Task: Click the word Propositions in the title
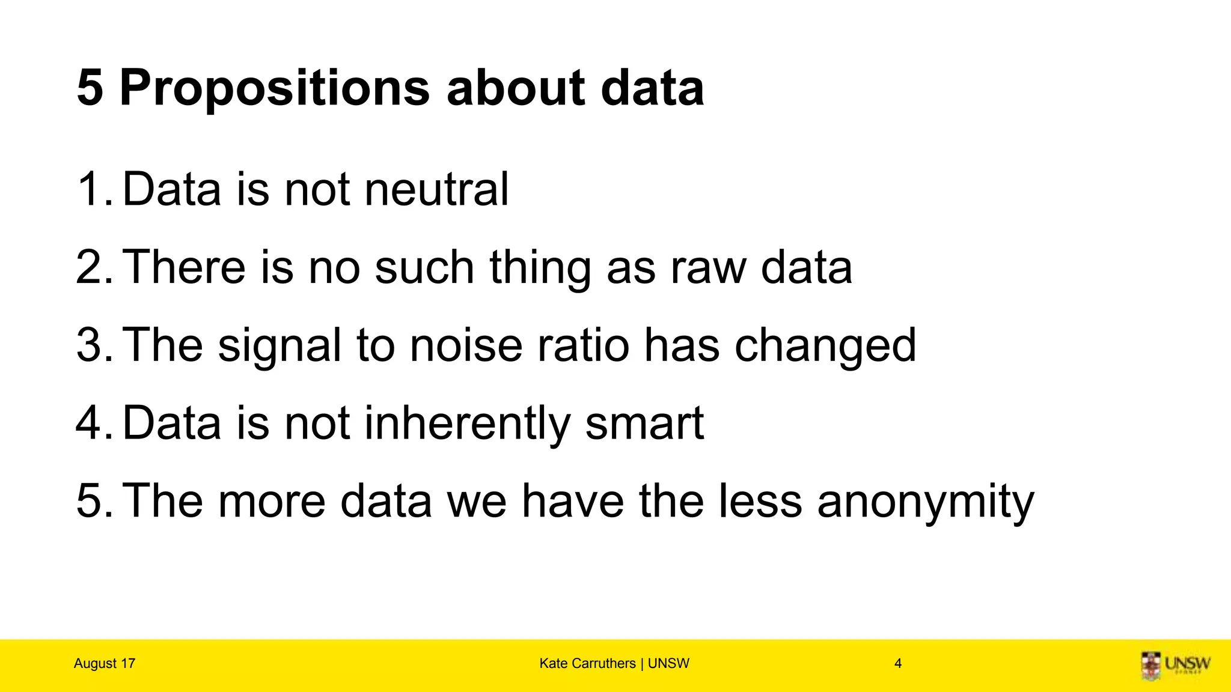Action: click(275, 88)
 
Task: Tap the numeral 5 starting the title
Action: click(90, 88)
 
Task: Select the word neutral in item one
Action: click(436, 189)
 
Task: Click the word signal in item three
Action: click(279, 347)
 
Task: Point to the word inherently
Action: click(467, 423)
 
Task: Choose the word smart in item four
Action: click(644, 423)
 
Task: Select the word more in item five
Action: click(272, 502)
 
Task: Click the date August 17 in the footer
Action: click(105, 663)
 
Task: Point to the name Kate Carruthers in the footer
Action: click(587, 663)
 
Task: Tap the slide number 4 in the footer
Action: click(898, 663)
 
